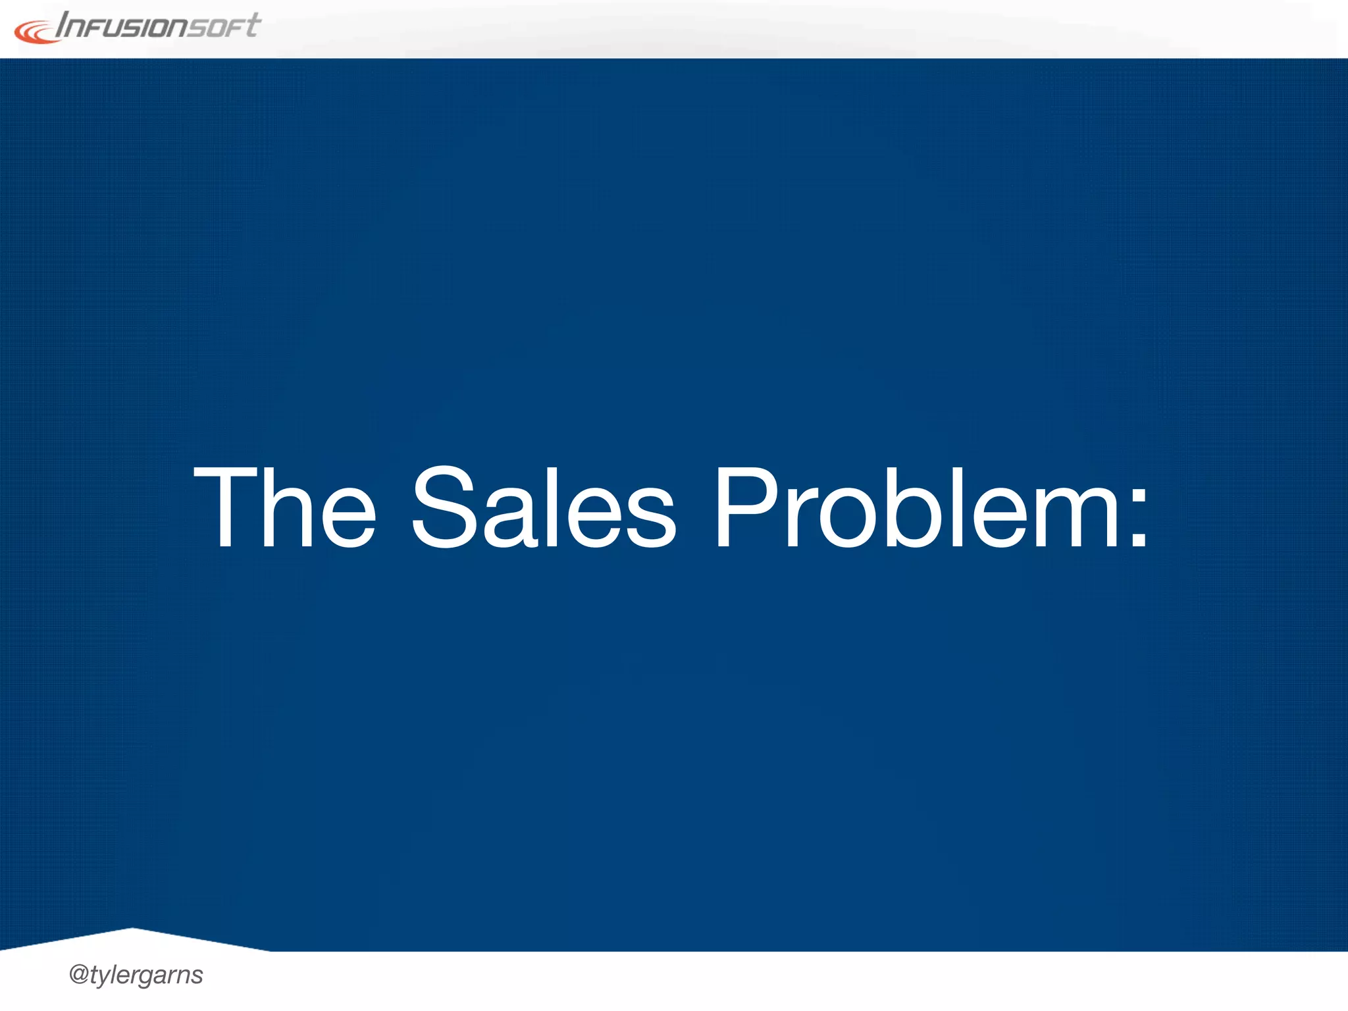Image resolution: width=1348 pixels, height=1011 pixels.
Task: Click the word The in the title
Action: click(284, 507)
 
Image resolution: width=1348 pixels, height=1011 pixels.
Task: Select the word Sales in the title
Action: click(544, 507)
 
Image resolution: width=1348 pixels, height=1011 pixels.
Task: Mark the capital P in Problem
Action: click(746, 507)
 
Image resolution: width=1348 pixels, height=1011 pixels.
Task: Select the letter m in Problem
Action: click(1076, 520)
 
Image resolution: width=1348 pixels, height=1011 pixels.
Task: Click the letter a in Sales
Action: click(510, 520)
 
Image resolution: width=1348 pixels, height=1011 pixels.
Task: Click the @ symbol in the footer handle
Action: click(78, 974)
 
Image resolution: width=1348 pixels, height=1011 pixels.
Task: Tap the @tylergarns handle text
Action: click(136, 975)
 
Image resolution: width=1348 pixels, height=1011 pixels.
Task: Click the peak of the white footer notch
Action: click(132, 929)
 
